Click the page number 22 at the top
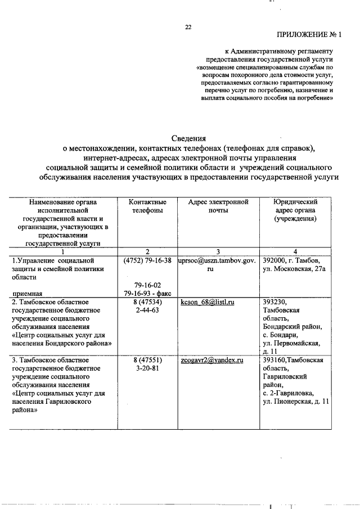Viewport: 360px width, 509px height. pos(188,26)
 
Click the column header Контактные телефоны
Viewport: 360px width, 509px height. pos(147,206)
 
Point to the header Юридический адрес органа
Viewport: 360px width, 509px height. pos(295,210)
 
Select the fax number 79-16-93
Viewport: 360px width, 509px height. pos(140,294)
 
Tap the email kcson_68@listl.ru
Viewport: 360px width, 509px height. pos(207,302)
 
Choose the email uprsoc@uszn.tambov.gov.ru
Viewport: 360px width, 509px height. pos(217,265)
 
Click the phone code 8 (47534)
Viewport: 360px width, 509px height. pos(147,302)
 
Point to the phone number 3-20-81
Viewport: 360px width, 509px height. pos(147,368)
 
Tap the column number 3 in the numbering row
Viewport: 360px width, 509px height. pos(217,251)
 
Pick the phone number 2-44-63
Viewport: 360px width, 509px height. pos(147,310)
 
